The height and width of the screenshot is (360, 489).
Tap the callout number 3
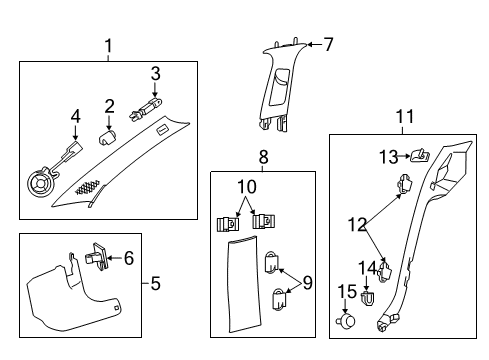point(155,72)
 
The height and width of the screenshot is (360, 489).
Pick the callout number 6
point(127,258)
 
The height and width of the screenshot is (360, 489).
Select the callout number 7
point(327,44)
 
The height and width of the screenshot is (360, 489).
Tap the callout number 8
point(263,157)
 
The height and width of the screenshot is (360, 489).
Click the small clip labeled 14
point(368,297)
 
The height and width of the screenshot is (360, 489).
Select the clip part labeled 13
point(419,155)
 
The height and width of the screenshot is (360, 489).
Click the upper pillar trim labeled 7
point(284,90)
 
